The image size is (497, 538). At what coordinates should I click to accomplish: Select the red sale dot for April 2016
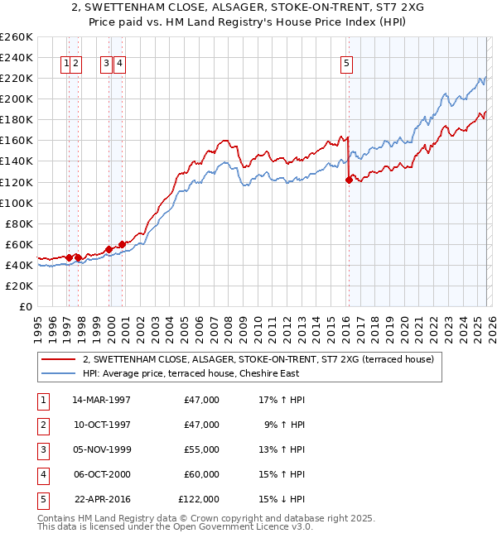click(x=349, y=180)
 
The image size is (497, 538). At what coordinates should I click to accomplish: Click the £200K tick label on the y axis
click(x=16, y=98)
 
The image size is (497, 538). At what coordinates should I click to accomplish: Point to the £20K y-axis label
click(x=18, y=286)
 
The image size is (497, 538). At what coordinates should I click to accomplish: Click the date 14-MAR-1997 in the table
click(x=101, y=400)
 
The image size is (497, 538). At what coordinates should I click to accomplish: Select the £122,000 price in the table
click(x=199, y=499)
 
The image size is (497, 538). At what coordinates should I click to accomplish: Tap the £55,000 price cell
click(x=201, y=449)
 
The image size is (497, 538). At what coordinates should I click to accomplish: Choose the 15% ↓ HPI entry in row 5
click(x=282, y=499)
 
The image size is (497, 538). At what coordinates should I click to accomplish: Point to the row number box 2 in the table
click(x=41, y=425)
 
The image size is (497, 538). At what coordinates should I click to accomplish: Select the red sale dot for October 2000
click(x=122, y=244)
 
